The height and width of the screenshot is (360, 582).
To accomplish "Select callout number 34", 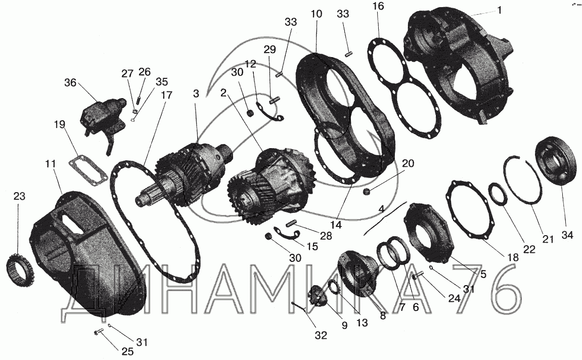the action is (x=567, y=235).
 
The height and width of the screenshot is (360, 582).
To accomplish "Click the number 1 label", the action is (x=499, y=11).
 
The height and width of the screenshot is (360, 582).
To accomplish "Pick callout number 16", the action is (x=378, y=6).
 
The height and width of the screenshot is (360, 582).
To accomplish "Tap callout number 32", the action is (x=321, y=335).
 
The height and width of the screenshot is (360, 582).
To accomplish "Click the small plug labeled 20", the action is (x=368, y=192).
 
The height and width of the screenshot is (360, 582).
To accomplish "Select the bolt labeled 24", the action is (x=418, y=276).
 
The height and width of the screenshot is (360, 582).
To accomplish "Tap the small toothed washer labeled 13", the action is (x=336, y=287).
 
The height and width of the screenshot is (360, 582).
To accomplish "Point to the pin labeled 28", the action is (x=293, y=223).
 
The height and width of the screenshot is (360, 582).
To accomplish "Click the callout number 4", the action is (x=381, y=209).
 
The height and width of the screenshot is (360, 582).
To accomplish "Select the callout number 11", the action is (x=51, y=164).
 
